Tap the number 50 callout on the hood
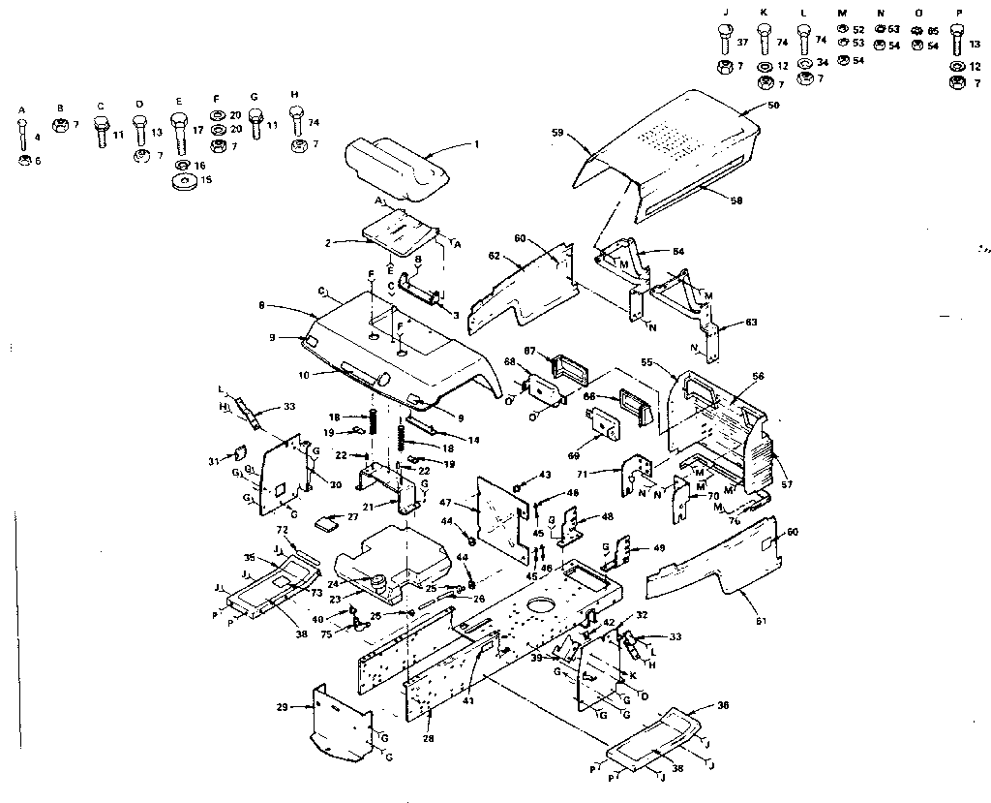772,104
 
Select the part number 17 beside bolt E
198,129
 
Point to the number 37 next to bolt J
743,42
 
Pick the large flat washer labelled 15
180,182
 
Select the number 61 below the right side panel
761,620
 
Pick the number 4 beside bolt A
38,138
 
